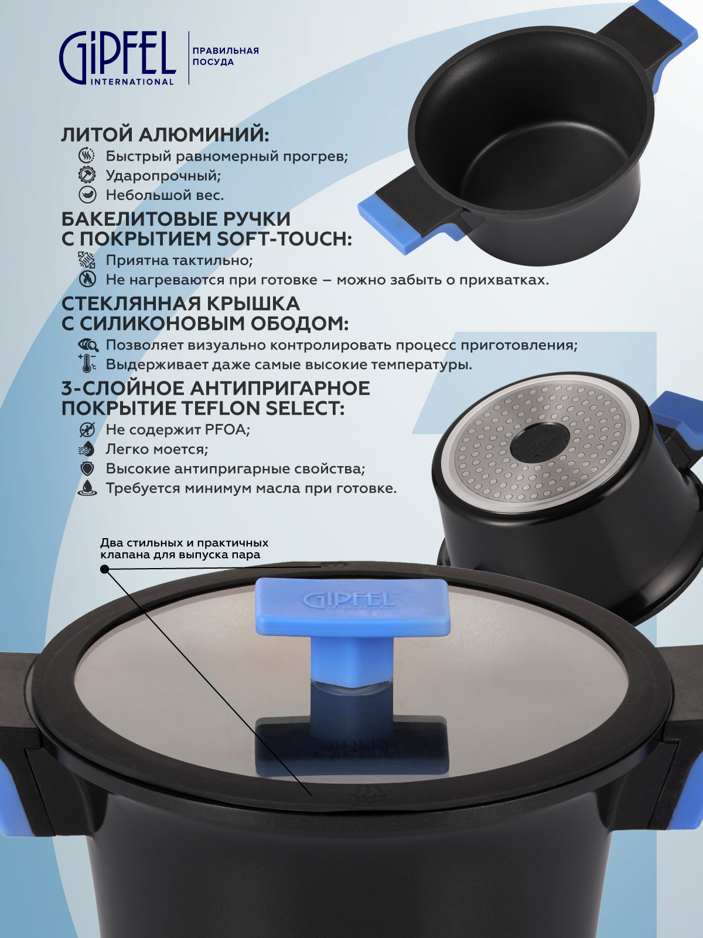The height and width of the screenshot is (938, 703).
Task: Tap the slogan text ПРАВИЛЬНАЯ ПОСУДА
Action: tap(226, 56)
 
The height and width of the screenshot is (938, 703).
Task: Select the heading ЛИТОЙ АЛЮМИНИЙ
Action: tap(165, 135)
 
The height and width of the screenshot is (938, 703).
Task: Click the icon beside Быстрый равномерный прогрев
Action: tap(87, 155)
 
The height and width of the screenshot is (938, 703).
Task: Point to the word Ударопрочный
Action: tap(163, 176)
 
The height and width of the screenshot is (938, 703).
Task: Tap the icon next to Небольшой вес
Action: tap(87, 195)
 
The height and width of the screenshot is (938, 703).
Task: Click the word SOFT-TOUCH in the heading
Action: tap(284, 239)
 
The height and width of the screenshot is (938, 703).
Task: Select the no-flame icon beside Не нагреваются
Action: tap(87, 280)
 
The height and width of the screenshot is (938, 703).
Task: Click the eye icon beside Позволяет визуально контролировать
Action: tap(88, 345)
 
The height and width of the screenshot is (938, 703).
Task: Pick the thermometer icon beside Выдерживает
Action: tap(87, 364)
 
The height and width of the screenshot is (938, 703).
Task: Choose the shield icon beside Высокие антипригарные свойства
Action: tap(87, 469)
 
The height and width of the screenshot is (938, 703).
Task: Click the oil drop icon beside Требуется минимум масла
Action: tap(87, 488)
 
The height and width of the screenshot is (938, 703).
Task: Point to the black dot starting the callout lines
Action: tap(104, 569)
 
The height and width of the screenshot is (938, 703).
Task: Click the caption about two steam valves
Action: tap(185, 549)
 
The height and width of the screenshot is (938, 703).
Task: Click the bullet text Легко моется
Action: tap(156, 449)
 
